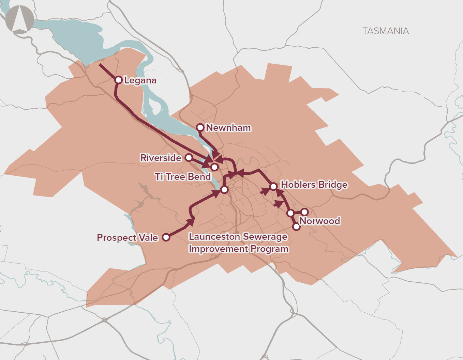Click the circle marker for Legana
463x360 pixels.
[118, 80]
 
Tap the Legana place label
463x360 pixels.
[140, 80]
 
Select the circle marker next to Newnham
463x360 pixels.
[200, 128]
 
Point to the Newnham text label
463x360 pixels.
[228, 128]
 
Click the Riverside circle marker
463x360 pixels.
[189, 157]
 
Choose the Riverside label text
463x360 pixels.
[161, 158]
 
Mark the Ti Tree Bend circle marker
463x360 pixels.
[214, 167]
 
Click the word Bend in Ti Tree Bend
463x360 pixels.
[199, 177]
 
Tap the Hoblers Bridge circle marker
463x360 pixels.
[273, 186]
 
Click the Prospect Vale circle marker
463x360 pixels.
[166, 237]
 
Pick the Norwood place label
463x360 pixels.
[320, 221]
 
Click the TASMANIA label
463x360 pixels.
[386, 31]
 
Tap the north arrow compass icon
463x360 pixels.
[19, 19]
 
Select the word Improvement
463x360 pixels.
[219, 249]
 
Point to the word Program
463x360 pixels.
[270, 249]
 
